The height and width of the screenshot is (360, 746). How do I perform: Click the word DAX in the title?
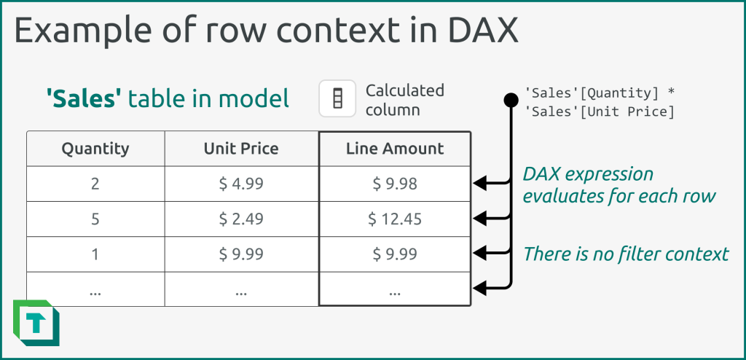475,33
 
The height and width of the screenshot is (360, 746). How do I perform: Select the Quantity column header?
95,149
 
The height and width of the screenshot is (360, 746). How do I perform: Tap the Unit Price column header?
241,149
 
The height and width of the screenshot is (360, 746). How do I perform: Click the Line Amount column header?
395,149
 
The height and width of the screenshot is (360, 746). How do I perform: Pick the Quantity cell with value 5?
95,219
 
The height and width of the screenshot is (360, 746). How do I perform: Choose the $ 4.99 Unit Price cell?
241,184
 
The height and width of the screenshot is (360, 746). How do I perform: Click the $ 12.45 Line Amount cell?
395,219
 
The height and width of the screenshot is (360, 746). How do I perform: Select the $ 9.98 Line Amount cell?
395,184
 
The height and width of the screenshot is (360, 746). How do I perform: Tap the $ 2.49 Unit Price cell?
241,219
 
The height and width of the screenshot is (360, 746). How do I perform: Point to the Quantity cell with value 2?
95,184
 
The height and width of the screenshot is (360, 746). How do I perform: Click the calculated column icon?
337,98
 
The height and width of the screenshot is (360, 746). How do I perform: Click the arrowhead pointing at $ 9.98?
481,184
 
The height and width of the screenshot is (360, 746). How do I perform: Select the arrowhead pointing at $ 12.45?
481,217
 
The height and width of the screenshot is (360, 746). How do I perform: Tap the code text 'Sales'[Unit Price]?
599,111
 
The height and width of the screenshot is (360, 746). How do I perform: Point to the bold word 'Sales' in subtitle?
83,98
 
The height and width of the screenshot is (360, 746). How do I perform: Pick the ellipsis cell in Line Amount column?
395,289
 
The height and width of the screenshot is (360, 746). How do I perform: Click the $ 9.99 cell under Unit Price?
241,254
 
